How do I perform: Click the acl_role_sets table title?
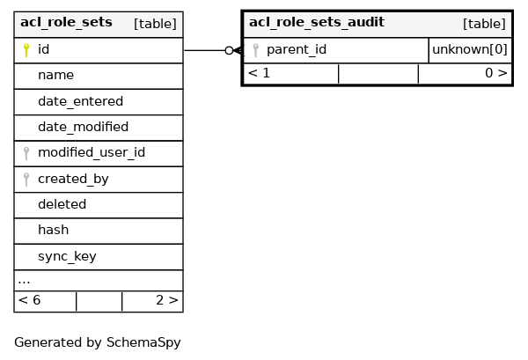click(x=66, y=23)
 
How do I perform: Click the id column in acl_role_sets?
click(x=43, y=50)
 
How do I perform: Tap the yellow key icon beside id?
click(x=26, y=50)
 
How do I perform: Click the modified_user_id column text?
click(x=92, y=153)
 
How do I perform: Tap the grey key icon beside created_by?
click(x=26, y=180)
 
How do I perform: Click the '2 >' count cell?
click(x=167, y=300)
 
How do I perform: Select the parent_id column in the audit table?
click(x=297, y=50)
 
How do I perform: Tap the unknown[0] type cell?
click(x=470, y=50)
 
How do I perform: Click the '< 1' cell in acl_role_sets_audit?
click(x=259, y=73)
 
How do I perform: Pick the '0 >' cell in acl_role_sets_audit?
click(x=495, y=73)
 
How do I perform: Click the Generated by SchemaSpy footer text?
click(x=97, y=342)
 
